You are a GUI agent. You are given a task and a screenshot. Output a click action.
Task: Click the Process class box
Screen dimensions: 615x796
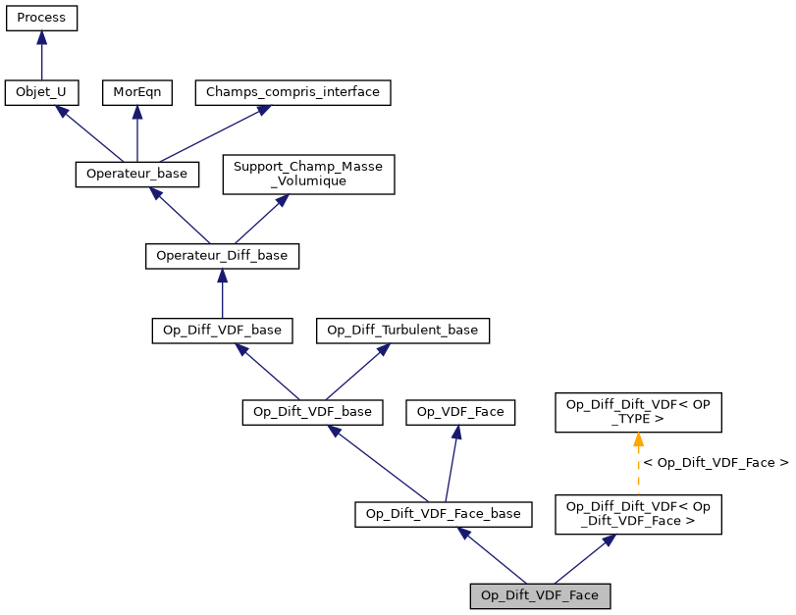[41, 18]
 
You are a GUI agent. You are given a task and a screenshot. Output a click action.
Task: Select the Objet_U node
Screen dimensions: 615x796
[41, 92]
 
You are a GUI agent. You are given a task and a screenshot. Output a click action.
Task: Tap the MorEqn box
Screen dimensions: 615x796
[136, 92]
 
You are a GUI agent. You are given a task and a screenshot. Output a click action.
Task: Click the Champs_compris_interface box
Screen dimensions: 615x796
[293, 92]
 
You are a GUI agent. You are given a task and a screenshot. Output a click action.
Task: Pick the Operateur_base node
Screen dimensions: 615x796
[137, 174]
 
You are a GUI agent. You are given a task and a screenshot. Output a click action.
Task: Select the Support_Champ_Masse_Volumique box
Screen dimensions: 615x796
[309, 174]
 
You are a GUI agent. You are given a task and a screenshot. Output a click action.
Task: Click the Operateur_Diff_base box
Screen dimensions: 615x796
[222, 256]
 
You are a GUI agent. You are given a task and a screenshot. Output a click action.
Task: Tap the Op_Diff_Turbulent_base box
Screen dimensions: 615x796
[402, 331]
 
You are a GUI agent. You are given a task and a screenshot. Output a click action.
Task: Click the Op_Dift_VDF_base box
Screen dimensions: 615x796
[312, 412]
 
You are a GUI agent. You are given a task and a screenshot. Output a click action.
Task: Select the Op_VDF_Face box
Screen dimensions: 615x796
[461, 412]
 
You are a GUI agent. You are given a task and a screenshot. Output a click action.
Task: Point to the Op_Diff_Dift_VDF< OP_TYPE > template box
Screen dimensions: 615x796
[639, 412]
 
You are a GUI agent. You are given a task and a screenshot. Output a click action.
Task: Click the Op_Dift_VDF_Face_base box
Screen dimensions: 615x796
[444, 514]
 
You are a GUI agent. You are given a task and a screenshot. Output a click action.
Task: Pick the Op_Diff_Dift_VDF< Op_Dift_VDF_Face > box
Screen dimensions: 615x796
[639, 514]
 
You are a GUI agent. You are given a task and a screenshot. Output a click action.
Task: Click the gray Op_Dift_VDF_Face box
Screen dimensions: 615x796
[540, 595]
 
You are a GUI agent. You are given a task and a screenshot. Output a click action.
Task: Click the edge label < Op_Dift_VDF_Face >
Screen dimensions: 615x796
[716, 462]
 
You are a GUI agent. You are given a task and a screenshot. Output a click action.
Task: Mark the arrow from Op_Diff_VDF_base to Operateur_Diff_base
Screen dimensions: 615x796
[222, 293]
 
